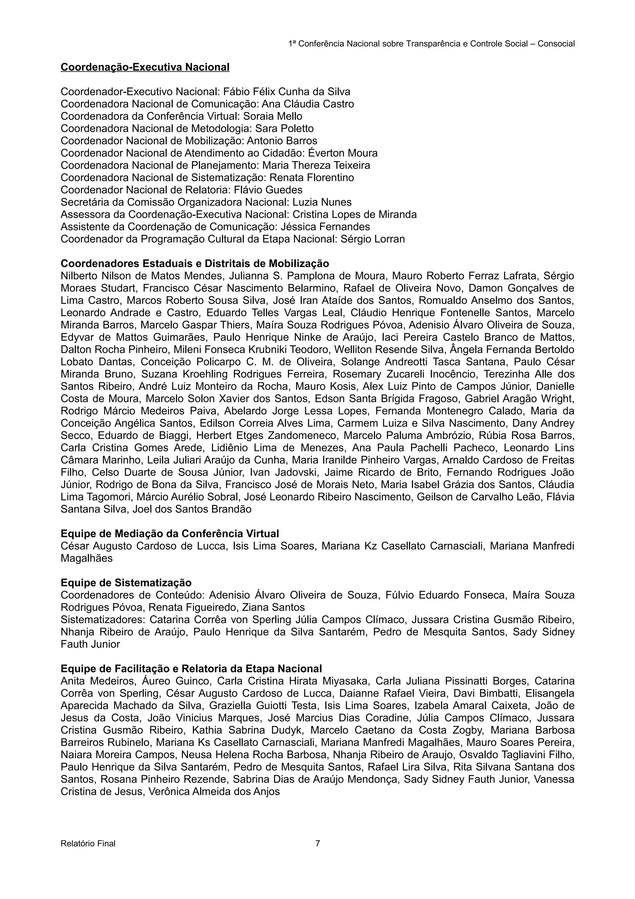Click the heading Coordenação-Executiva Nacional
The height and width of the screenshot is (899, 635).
(x=145, y=67)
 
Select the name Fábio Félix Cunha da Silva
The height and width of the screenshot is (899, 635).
(x=286, y=92)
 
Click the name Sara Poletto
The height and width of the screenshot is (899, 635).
(x=284, y=128)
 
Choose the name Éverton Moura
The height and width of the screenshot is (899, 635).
(x=343, y=153)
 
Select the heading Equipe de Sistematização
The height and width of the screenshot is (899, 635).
(x=126, y=583)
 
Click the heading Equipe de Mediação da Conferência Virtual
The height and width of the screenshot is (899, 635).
(x=170, y=534)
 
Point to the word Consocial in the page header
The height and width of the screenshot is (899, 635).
(x=556, y=44)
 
